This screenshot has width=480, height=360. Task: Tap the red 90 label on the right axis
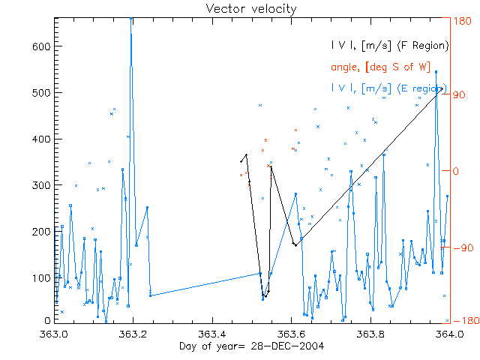coord(458,95)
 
